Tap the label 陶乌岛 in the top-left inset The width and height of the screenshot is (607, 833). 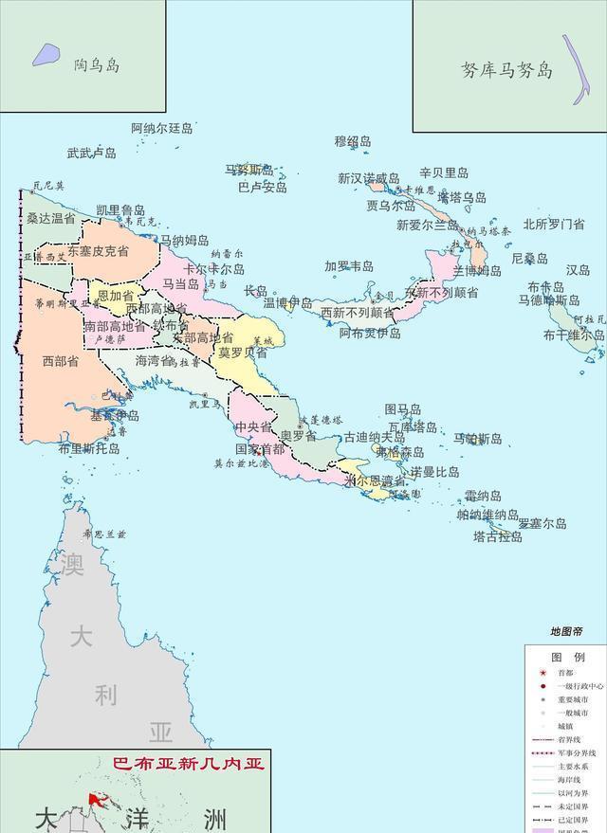(x=97, y=65)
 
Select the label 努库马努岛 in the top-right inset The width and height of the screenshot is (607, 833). (x=506, y=70)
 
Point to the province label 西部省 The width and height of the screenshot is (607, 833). (x=61, y=361)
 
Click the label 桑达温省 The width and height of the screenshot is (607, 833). (x=51, y=218)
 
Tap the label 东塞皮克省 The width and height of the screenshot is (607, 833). (x=97, y=251)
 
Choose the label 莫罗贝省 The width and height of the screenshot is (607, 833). (x=243, y=352)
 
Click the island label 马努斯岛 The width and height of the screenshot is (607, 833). (x=248, y=171)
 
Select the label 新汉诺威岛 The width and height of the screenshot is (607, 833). (x=368, y=178)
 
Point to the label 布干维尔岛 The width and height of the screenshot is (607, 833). (x=574, y=335)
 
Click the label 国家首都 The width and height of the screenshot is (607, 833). (x=259, y=449)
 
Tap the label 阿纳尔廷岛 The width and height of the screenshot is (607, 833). (x=161, y=128)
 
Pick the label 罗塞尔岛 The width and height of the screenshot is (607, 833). (x=542, y=523)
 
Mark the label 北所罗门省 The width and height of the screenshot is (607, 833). (x=553, y=225)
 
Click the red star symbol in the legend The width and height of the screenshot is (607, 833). (x=543, y=672)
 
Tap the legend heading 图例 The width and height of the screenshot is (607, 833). (x=568, y=657)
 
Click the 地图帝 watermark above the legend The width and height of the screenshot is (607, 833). (x=566, y=631)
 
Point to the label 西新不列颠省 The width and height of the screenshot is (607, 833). (x=357, y=312)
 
